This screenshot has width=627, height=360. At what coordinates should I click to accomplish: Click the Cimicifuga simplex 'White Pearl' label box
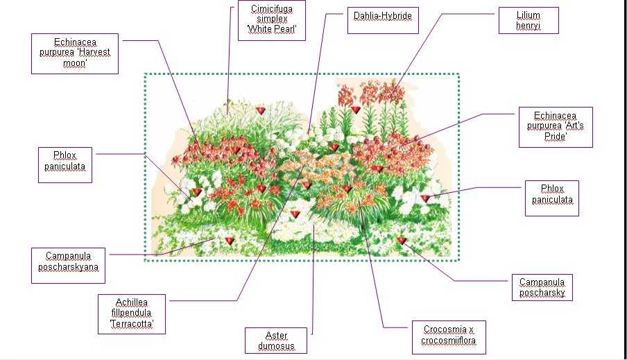[270, 21]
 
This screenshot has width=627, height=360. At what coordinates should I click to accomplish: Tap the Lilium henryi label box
[529, 21]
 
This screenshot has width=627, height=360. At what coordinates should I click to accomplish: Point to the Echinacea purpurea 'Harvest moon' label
[75, 53]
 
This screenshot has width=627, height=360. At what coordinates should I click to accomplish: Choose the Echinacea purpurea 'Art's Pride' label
[555, 127]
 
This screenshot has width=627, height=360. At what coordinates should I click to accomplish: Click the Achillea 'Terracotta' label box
[132, 313]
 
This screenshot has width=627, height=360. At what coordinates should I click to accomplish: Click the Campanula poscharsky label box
[542, 288]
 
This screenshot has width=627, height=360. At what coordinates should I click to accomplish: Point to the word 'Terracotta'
[132, 324]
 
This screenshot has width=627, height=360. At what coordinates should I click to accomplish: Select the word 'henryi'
[529, 26]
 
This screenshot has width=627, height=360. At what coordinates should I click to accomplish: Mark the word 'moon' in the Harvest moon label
[75, 63]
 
